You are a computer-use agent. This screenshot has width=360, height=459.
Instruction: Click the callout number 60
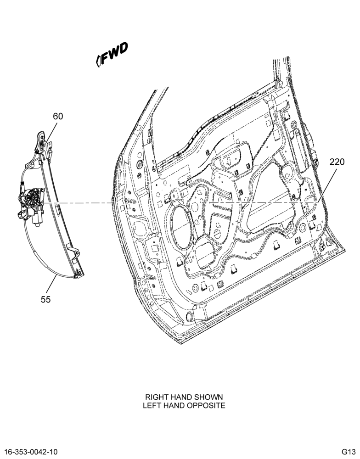tap(58, 117)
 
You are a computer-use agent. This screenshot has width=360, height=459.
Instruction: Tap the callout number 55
tap(46, 299)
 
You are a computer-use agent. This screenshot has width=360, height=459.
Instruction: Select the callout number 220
tap(337, 162)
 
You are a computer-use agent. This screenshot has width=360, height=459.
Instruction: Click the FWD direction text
tap(114, 53)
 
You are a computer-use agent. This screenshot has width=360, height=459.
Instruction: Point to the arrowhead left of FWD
tap(98, 61)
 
